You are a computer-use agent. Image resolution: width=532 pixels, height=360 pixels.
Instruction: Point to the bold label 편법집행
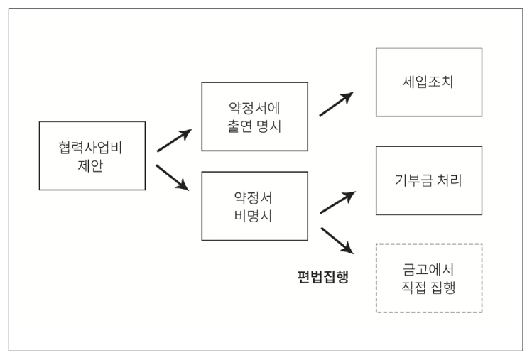tap(322, 276)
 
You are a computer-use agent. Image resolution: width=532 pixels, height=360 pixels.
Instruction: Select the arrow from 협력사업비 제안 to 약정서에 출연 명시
tap(175, 140)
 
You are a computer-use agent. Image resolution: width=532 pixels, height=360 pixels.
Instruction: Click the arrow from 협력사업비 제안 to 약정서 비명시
tap(173, 178)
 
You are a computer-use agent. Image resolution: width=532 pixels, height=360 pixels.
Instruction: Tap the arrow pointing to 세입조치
tap(337, 104)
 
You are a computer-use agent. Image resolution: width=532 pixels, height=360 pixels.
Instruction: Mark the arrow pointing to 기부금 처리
tap(338, 202)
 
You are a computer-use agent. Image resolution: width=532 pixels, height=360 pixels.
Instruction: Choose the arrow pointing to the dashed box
tap(337, 241)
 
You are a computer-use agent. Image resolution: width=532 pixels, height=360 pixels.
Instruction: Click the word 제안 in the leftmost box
tap(90, 166)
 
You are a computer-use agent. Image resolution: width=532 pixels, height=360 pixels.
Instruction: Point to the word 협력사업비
tap(90, 148)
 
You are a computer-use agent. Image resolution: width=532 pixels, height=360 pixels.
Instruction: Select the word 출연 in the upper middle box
tap(239, 126)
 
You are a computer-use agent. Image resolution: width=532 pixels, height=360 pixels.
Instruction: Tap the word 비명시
tap(253, 216)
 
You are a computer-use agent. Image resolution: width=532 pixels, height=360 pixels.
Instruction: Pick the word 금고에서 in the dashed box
tap(428, 269)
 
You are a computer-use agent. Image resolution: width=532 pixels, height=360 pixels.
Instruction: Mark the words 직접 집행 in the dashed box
tap(428, 288)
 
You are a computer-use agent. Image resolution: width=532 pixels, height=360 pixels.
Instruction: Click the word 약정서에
tap(254, 108)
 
